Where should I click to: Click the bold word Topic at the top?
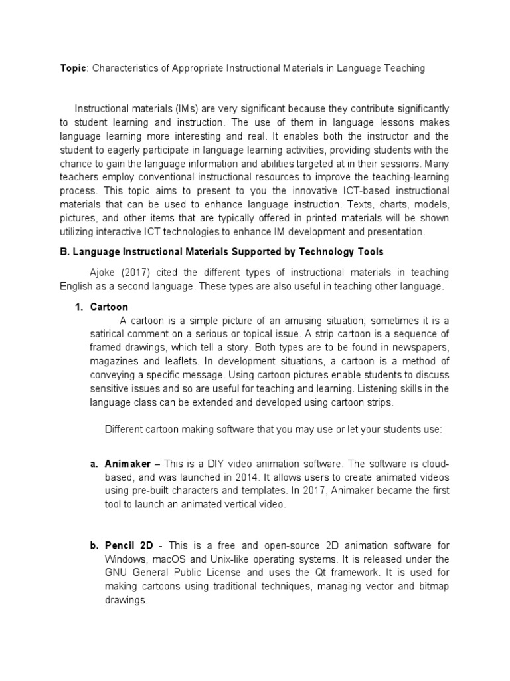point(72,68)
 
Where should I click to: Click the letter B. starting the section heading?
point(65,252)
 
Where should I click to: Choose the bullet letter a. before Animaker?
point(94,463)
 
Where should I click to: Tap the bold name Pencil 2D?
point(129,545)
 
